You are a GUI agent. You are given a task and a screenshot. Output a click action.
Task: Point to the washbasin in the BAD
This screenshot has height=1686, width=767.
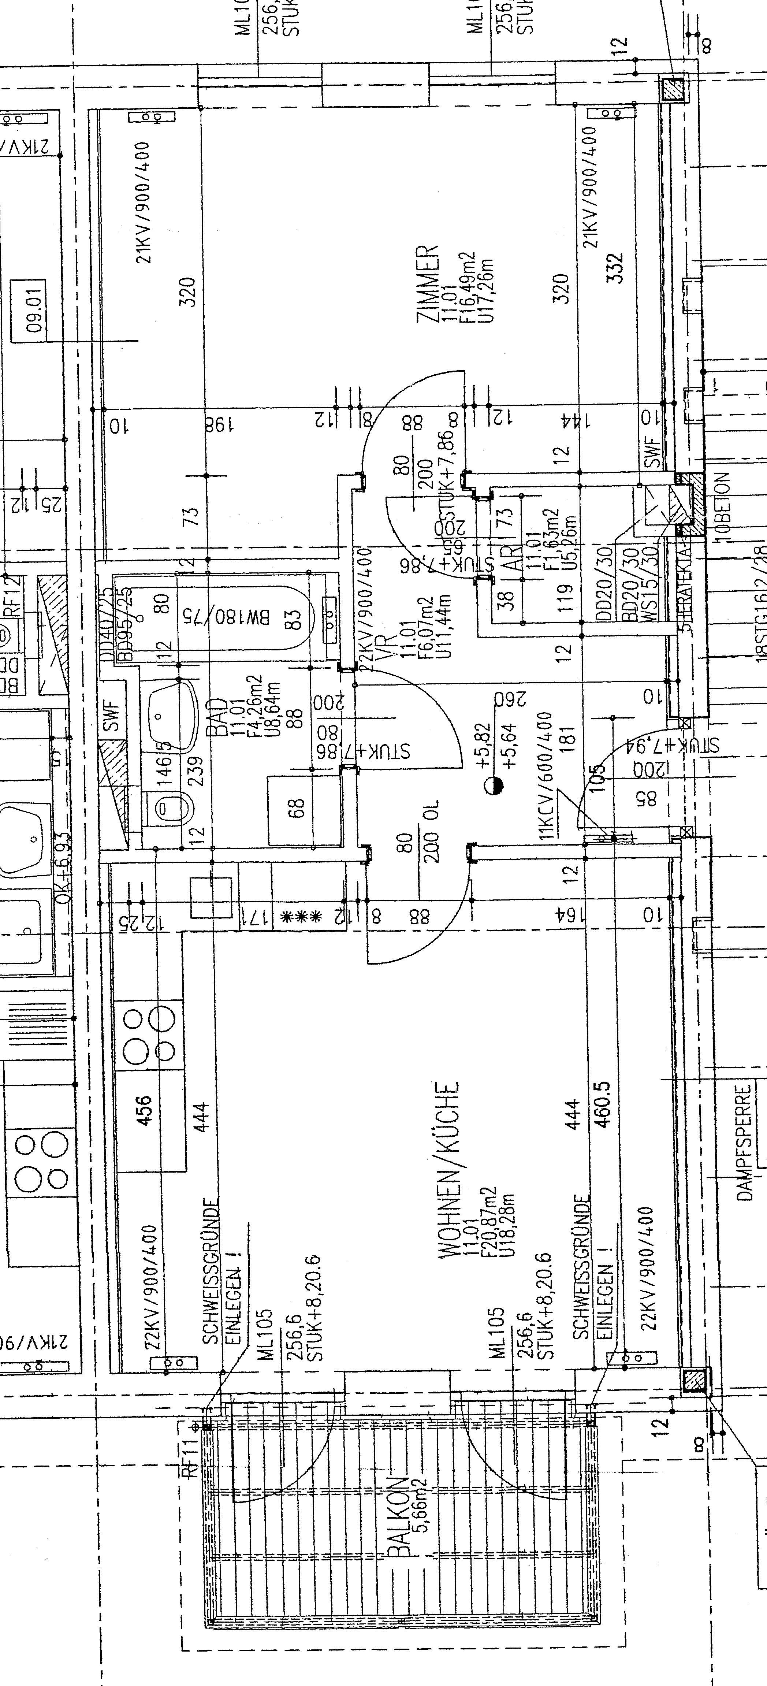171,710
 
